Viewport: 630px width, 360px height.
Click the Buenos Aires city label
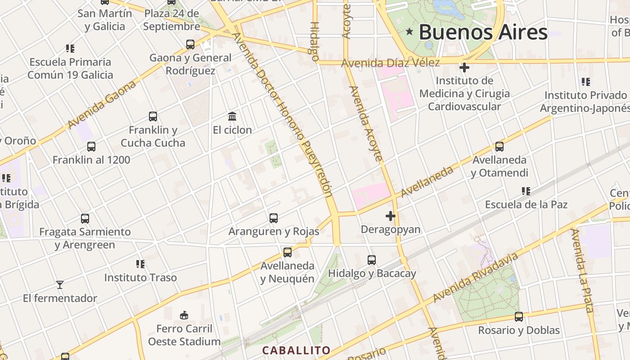coord(483,32)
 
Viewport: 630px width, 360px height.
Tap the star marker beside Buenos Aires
coord(409,31)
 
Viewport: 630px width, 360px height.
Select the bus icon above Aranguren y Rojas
coord(274,218)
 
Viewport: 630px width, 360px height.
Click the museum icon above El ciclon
coord(232,117)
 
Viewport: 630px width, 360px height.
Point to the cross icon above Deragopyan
coord(391,216)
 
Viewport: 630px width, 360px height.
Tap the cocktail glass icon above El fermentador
coord(59,285)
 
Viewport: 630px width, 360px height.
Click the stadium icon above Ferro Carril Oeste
coord(184,315)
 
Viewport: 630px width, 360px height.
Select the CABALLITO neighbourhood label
coord(296,350)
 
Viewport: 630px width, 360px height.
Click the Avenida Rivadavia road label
coord(476,278)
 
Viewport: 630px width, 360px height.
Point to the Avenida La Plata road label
coord(583,270)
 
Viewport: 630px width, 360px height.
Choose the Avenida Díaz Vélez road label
coord(390,63)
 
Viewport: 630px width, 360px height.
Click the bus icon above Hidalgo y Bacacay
coord(372,260)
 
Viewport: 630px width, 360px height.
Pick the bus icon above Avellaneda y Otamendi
coord(499,147)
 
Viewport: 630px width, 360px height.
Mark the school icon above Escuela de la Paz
coord(526,191)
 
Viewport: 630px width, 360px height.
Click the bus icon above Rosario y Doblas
coord(519,317)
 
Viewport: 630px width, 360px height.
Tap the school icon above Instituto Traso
coord(140,264)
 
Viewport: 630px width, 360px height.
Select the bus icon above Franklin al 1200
coord(91,147)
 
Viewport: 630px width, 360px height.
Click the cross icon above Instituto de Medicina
coord(464,68)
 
